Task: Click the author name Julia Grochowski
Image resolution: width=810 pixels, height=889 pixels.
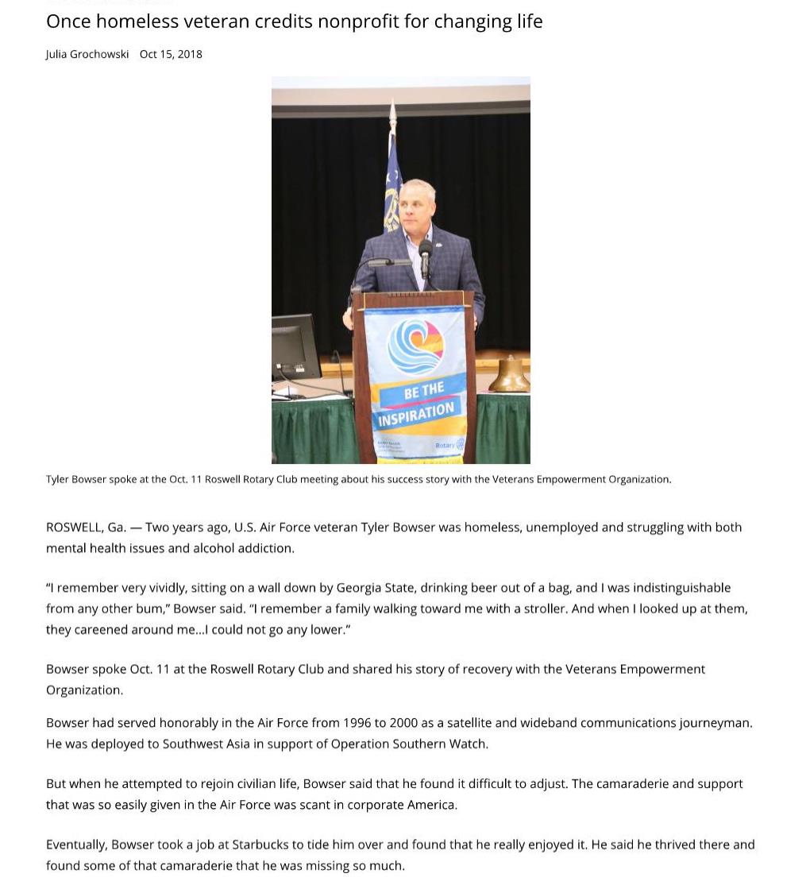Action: point(87,54)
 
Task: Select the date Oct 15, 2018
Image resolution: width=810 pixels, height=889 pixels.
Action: point(171,54)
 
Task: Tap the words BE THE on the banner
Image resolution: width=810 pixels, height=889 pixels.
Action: point(424,391)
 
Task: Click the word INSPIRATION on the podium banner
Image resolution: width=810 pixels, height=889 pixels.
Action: point(416,414)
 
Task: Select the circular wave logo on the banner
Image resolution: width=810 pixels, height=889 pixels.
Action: point(415,346)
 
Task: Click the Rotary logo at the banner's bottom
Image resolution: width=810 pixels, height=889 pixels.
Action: point(449,446)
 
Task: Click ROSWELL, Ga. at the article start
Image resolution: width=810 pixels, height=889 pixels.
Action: point(86,527)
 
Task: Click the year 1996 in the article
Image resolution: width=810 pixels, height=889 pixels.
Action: point(357,722)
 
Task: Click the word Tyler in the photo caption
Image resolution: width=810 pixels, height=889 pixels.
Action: point(57,479)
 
